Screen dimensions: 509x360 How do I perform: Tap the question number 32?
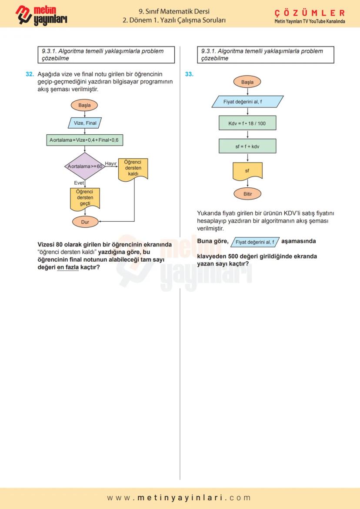30,74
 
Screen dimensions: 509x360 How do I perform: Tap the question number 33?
189,74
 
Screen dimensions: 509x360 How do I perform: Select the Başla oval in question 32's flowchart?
85,105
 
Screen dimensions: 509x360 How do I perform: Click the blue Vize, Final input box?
85,123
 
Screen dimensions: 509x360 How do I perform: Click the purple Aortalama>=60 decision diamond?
85,166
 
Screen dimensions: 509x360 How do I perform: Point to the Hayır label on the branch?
111,163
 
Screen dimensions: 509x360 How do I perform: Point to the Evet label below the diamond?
79,183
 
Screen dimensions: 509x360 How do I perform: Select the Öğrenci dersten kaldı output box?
133,168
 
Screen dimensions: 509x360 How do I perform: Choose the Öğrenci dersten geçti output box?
85,197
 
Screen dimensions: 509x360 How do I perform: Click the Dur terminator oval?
85,222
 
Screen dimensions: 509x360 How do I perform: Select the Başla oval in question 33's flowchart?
247,82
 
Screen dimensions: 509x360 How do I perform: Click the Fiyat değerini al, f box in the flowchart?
247,102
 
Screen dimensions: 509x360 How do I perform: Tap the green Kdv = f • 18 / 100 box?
247,123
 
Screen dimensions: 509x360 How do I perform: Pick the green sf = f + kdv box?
247,146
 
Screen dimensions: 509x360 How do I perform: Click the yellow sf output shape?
247,171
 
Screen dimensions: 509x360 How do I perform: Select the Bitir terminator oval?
247,194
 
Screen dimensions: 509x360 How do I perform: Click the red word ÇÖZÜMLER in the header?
310,13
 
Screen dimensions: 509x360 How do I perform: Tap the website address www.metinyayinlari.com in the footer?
180,498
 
